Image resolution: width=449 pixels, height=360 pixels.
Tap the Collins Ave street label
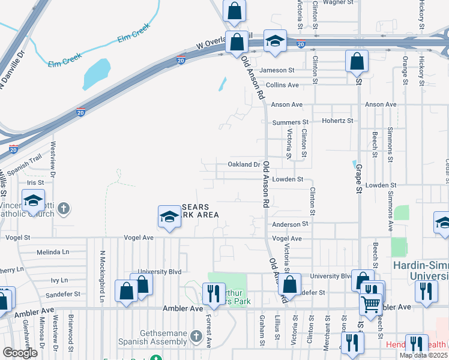[283, 85]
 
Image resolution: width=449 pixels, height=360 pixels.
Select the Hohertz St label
[338, 121]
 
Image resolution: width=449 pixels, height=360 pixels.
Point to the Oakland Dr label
[244, 164]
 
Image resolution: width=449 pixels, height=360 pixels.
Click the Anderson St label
[290, 224]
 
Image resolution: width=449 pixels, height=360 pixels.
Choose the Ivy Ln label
[59, 280]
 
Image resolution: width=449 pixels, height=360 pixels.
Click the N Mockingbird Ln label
[103, 275]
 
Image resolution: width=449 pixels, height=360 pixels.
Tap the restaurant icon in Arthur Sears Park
[213, 293]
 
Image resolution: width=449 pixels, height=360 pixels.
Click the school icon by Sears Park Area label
[169, 217]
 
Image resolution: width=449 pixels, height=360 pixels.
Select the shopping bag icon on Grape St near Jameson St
[357, 61]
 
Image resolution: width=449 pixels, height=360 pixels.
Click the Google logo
[20, 353]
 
